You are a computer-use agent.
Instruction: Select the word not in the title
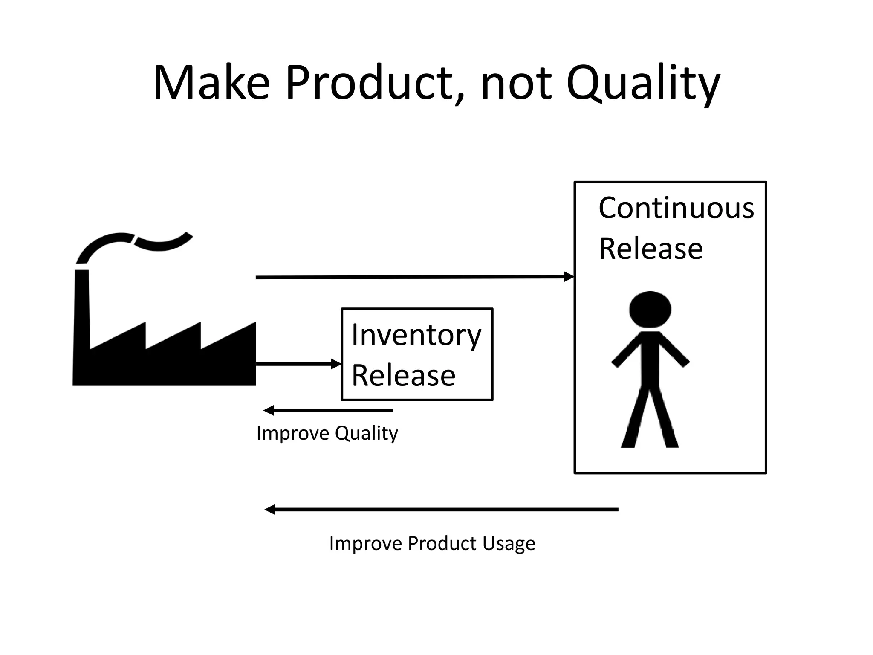point(516,83)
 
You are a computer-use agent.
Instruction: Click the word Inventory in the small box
point(416,336)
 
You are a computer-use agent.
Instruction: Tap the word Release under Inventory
point(403,376)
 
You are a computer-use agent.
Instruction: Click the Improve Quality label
point(327,433)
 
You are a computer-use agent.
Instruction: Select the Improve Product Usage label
point(432,543)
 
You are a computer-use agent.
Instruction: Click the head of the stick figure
point(650,310)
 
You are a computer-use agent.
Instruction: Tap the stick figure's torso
point(650,358)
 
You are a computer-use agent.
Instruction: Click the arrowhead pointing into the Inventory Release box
point(337,364)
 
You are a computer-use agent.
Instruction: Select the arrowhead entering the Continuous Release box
point(569,277)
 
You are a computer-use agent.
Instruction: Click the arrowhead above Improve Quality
point(269,411)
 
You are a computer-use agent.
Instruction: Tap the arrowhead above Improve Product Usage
point(270,510)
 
